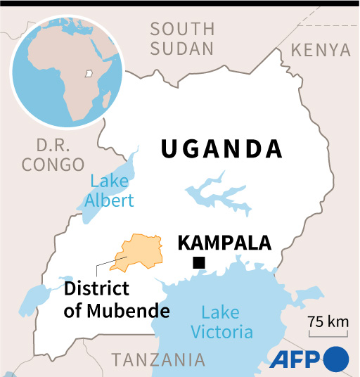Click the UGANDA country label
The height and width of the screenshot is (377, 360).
pos(221,149)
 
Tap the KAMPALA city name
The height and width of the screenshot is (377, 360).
pos(224,243)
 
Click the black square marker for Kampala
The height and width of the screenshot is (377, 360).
pos(199,263)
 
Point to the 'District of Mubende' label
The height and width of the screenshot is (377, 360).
pos(117,300)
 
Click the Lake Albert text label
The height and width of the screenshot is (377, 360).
pos(109,191)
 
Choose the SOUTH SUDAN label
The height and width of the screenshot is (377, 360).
pos(182,39)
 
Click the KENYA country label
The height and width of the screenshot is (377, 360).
pos(320,50)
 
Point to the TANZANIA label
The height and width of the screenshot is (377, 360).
pos(158,359)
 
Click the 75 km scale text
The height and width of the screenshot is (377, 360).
pos(328,322)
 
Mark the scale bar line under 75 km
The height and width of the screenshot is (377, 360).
pos(328,335)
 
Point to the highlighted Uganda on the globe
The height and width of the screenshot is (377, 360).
pos(88,72)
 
